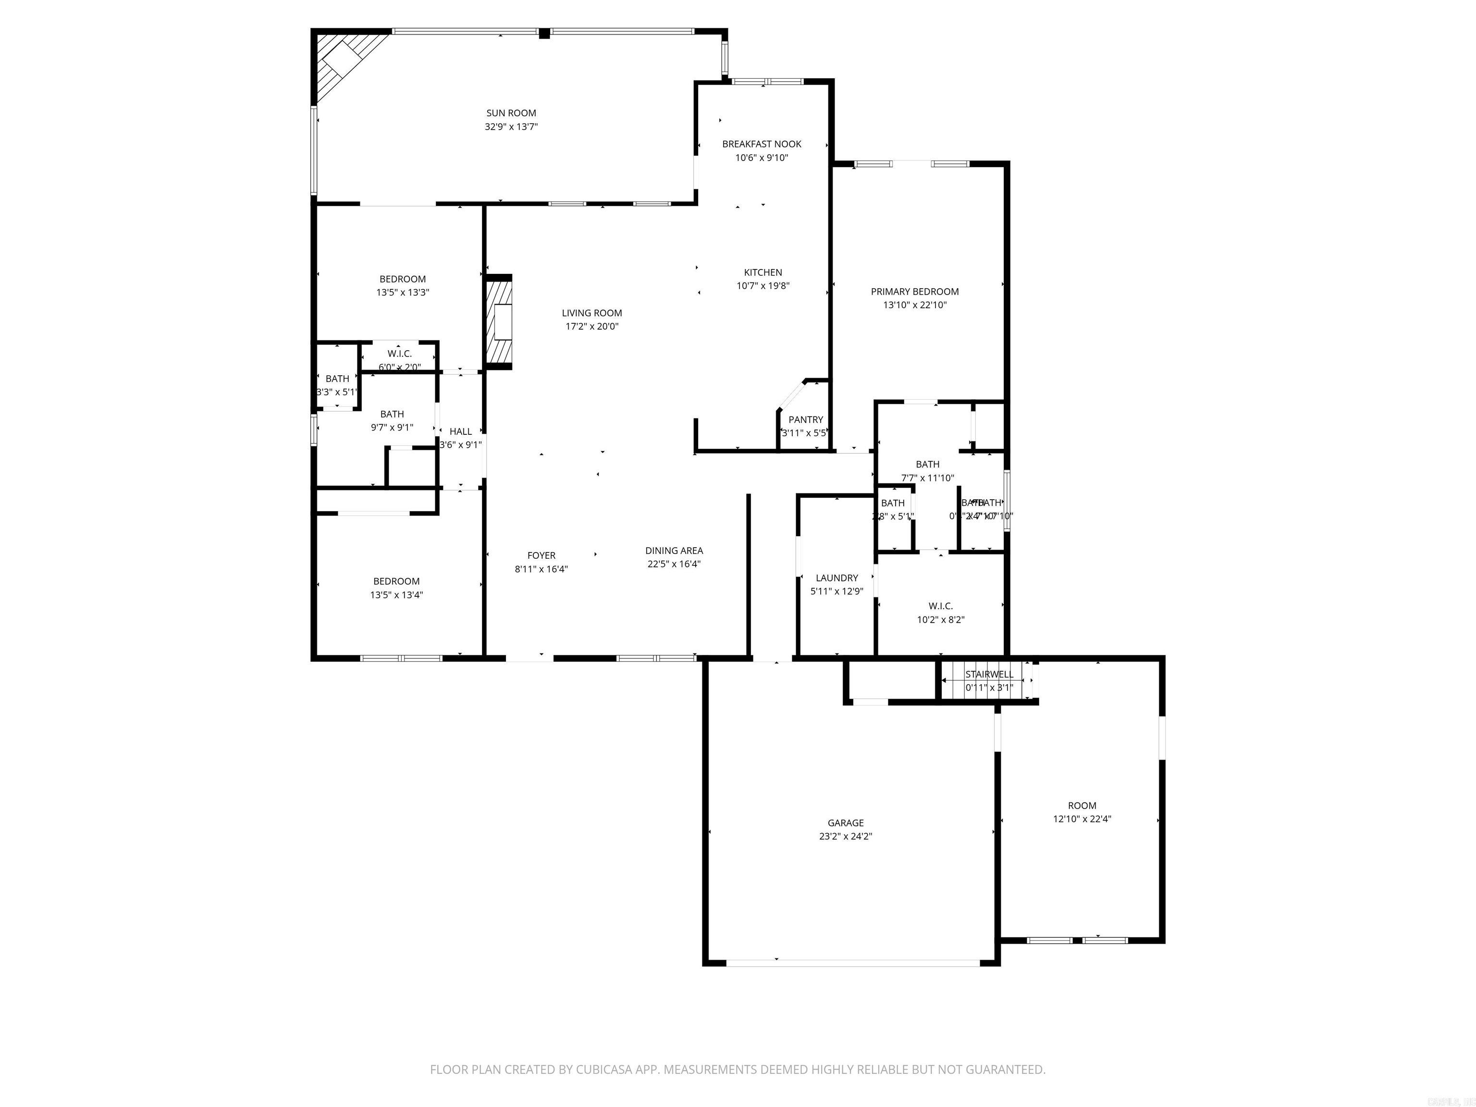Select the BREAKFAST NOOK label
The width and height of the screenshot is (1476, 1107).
[x=762, y=144]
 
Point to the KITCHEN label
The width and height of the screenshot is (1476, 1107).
[x=763, y=272]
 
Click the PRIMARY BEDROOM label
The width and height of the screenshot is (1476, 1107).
[x=914, y=292]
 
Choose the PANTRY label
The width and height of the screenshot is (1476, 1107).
[x=805, y=420]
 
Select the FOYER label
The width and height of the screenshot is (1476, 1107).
[x=541, y=555]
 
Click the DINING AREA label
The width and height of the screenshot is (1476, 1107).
[x=674, y=551]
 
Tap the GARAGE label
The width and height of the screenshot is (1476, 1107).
[x=846, y=823]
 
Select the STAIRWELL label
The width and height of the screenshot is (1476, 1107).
[x=989, y=675]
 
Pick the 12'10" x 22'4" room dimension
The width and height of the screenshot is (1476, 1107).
[x=1082, y=819]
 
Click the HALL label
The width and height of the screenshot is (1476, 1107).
[x=460, y=432]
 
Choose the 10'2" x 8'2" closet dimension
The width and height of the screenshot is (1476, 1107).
[x=940, y=620]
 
